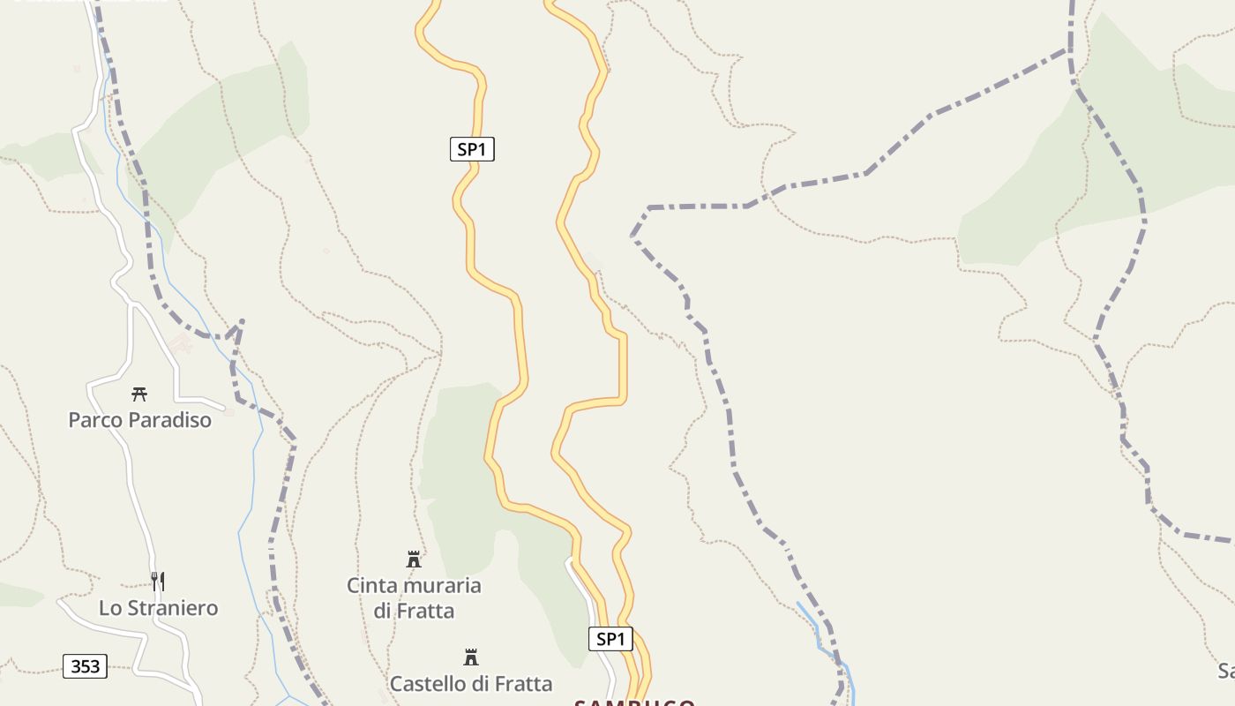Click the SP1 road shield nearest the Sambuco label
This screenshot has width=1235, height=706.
pos(610,639)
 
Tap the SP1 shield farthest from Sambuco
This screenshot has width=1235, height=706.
pos(472,150)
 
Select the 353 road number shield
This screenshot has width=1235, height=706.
pos(85,666)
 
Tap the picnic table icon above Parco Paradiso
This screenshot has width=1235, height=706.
pos(139,394)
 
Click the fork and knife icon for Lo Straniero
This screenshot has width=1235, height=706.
pos(158,581)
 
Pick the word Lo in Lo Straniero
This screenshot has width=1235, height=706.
pos(109,608)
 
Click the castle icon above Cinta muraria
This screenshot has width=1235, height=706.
pos(414,559)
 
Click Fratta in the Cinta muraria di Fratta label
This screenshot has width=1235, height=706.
pos(426,611)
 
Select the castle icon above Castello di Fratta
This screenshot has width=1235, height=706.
pos(471,657)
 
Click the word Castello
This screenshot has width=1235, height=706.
pos(427,684)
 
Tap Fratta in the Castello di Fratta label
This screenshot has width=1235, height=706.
pos(524,684)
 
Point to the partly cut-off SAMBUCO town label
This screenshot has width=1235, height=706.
pos(634,702)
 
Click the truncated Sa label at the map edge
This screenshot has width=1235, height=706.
pos(1225,672)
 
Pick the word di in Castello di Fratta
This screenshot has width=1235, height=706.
pos(480,684)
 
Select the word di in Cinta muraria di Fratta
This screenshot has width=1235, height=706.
pos(382,611)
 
